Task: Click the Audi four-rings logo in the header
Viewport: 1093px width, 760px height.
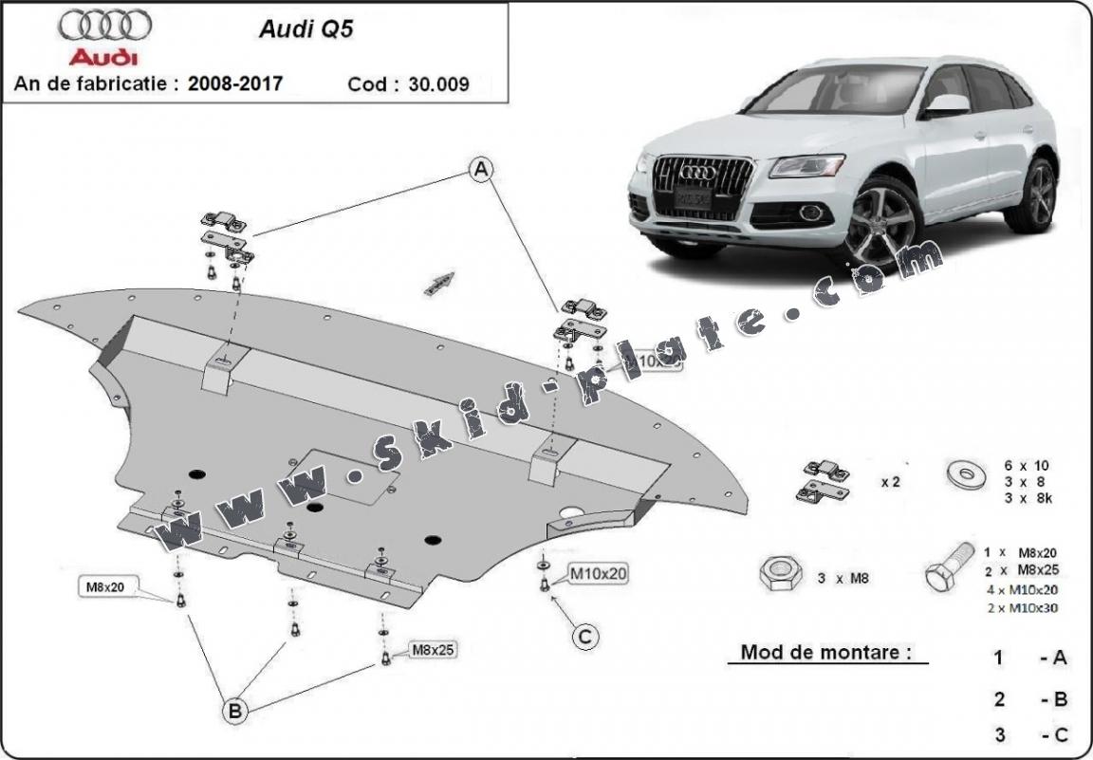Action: point(103,25)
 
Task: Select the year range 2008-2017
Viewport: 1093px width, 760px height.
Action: point(234,83)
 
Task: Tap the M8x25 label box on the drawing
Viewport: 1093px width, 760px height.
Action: point(433,650)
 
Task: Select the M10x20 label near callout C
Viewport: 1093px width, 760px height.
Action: point(598,573)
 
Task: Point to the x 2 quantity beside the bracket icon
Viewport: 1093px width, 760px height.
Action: point(890,481)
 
